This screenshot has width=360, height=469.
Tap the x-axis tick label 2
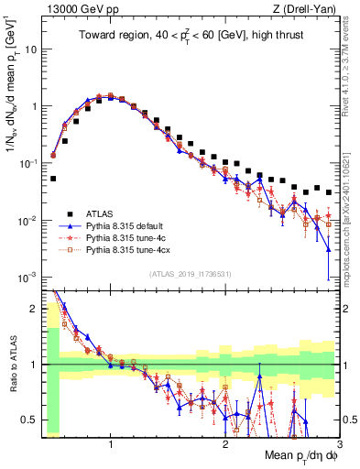(x=225, y=443)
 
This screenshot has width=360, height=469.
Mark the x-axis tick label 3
(x=339, y=443)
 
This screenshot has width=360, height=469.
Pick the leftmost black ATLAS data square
(x=54, y=179)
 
